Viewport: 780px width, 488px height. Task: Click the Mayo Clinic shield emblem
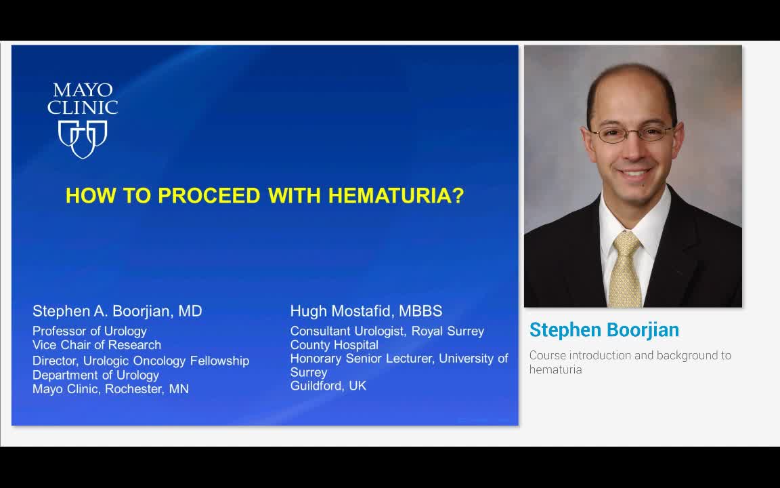[x=83, y=138]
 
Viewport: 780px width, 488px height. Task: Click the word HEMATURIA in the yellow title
[x=395, y=196]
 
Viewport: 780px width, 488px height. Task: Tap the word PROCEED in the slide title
[x=209, y=196]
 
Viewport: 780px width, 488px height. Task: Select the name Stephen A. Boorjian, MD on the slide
[x=117, y=311]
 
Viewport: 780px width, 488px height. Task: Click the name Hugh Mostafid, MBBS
[x=366, y=311]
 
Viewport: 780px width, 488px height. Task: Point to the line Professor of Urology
[x=89, y=331]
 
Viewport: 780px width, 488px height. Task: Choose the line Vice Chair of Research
[x=97, y=345]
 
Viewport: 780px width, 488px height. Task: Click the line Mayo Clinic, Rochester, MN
[x=110, y=389]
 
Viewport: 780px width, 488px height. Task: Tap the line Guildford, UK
[x=328, y=386]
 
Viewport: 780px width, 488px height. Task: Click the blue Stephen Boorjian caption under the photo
[x=604, y=330]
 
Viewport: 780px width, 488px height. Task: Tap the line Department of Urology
[x=95, y=375]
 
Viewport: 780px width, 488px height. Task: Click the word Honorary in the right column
[x=316, y=358]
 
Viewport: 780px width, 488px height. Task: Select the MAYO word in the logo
[x=83, y=90]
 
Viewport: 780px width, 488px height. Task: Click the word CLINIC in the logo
[x=83, y=107]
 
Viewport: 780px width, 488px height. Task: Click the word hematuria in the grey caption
[x=555, y=369]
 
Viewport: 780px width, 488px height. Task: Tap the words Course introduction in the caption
[x=582, y=355]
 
